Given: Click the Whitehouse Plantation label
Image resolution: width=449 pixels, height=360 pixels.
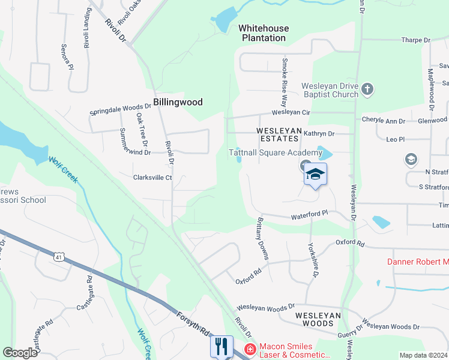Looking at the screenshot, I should click(x=264, y=33).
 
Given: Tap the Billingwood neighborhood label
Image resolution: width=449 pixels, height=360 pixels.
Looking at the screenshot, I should click(x=178, y=102).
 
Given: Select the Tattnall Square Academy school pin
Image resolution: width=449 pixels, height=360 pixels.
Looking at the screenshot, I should click(x=315, y=175).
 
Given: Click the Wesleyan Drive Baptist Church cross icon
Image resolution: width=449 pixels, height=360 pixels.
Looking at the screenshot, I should click(x=368, y=90).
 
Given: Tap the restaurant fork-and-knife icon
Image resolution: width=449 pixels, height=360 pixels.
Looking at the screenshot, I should click(x=221, y=346).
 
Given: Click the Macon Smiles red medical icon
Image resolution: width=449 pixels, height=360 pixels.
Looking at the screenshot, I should click(x=249, y=349).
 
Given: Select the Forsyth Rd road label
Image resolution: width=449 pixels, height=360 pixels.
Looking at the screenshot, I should click(x=192, y=323).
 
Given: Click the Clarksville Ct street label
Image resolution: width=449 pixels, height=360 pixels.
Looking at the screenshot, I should click(x=152, y=178).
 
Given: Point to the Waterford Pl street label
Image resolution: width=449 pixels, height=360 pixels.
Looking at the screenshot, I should click(x=310, y=214).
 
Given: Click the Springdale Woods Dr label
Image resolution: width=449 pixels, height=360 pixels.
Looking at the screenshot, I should click(x=120, y=109).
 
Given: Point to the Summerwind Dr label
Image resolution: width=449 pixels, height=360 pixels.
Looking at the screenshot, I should click(x=125, y=146).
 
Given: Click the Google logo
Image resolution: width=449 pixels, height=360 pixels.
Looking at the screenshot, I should click(x=20, y=352).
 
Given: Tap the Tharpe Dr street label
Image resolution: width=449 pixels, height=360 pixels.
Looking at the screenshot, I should click(x=416, y=40).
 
